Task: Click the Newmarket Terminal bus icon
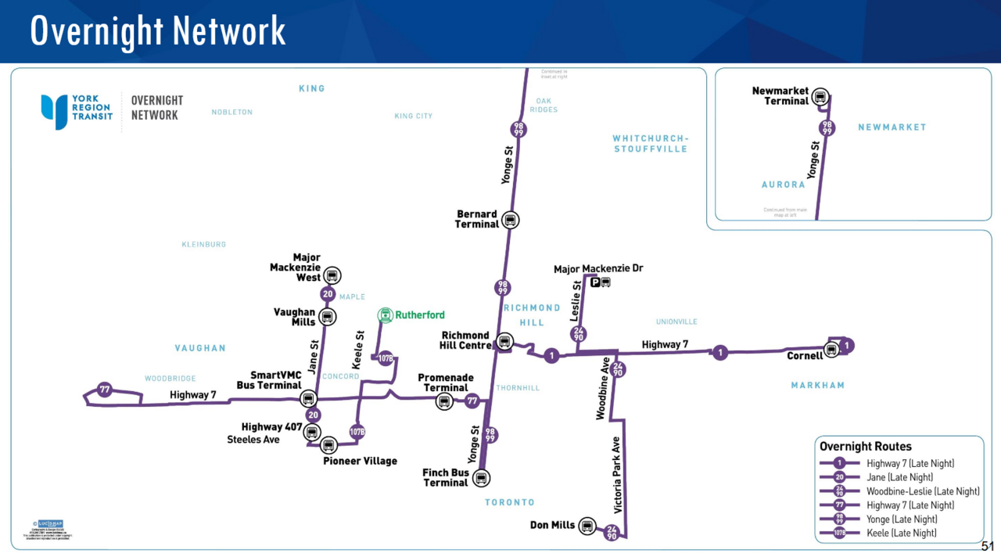tap(820, 97)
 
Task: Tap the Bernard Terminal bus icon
tap(510, 220)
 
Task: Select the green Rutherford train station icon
tap(385, 315)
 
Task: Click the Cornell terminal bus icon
tap(832, 350)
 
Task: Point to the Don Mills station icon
tap(587, 526)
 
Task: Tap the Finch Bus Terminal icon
tap(481, 477)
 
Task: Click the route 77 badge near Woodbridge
tap(105, 390)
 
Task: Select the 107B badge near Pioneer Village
tap(357, 431)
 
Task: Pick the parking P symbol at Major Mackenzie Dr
tap(595, 282)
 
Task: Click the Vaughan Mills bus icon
tap(327, 317)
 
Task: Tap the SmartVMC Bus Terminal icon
tap(309, 398)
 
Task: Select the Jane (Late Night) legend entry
tap(899, 477)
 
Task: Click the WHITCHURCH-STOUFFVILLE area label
tap(650, 144)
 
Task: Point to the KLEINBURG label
tap(203, 245)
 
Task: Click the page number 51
tap(987, 546)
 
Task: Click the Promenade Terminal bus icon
tap(444, 401)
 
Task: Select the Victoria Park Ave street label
tap(617, 475)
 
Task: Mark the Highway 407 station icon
tap(312, 433)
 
